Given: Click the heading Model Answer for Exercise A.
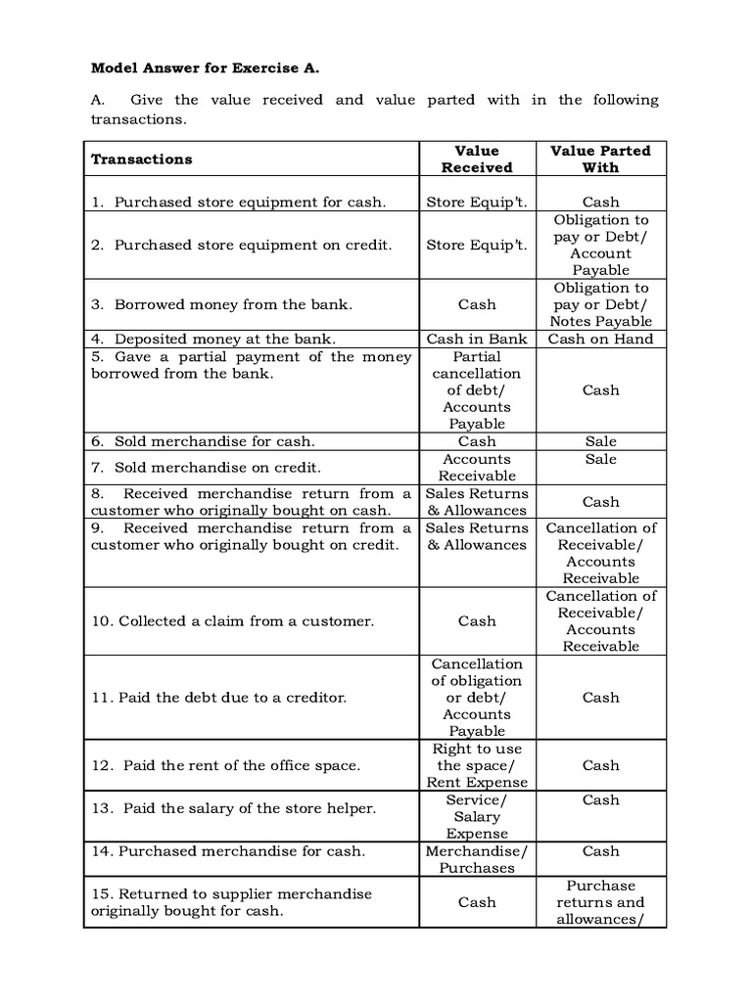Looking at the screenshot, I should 206,68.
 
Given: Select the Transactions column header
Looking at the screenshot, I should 142,159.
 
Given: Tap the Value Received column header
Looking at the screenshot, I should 477,159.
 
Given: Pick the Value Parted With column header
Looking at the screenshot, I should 600,159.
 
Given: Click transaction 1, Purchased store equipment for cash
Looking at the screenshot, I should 239,202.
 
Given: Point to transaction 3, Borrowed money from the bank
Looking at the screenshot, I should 221,304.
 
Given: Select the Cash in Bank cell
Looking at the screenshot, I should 477,339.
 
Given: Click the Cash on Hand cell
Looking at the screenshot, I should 600,339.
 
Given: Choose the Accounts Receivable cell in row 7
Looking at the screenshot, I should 477,467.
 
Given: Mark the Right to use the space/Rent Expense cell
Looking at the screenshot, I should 477,765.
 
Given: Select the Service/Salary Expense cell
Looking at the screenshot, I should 477,816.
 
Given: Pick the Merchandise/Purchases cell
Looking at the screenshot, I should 477,859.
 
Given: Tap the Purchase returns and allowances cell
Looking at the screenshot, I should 600,902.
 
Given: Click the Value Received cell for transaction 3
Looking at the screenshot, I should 477,304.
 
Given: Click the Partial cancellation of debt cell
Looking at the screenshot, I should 477,389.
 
